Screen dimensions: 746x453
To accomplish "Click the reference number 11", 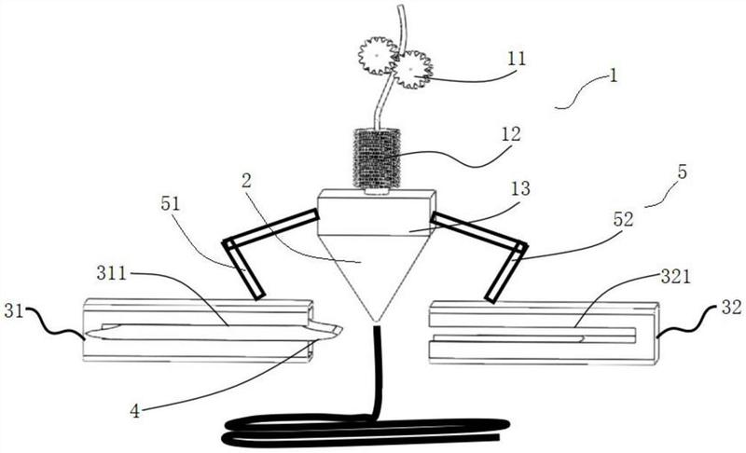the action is [x=517, y=59].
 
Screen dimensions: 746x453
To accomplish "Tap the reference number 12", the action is [x=511, y=134].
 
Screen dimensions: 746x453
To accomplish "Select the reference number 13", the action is [x=520, y=188].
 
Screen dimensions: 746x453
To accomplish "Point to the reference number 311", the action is [x=111, y=273].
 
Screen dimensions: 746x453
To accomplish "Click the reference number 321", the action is [x=675, y=276].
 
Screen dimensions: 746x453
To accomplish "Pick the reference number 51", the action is [x=171, y=203].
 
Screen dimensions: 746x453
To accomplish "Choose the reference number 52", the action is [x=624, y=219].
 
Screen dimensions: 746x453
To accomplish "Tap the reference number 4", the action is [x=135, y=411].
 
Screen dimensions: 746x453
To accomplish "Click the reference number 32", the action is [x=731, y=308].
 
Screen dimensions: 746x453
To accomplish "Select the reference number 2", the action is [x=246, y=180].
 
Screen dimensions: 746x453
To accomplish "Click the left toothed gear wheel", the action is [x=378, y=56].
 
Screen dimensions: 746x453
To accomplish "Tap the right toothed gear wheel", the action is [x=412, y=70].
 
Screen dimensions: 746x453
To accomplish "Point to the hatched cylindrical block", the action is [x=377, y=158].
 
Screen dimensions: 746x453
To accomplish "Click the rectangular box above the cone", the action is [x=377, y=212].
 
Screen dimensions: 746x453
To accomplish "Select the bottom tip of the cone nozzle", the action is [x=377, y=320].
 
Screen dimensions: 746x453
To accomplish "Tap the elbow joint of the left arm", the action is [x=229, y=244].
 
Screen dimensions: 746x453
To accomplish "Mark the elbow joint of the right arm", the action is [x=520, y=248].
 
